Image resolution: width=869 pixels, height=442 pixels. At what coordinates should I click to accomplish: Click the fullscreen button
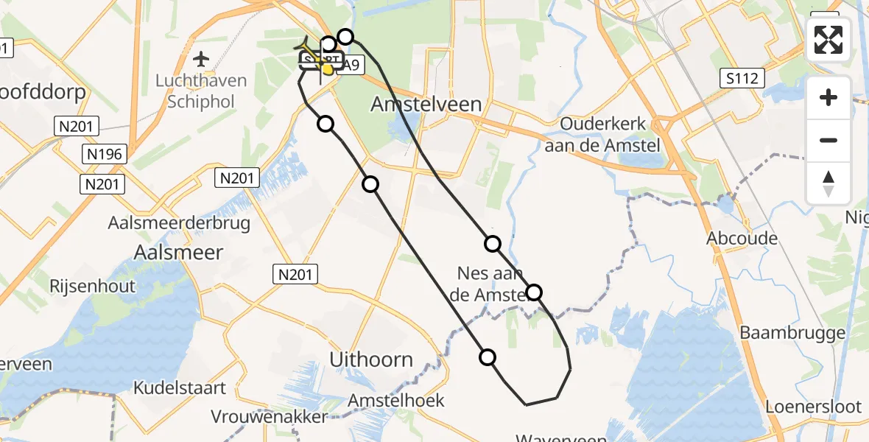click(828, 40)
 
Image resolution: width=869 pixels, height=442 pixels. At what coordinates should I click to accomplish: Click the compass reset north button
click(828, 183)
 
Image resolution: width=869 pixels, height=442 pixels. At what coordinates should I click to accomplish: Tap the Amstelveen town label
click(426, 104)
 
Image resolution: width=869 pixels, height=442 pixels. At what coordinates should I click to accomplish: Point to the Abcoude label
click(742, 238)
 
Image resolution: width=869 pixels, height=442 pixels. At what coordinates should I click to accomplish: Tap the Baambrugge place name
click(792, 333)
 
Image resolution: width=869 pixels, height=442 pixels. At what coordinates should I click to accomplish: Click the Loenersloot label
click(813, 406)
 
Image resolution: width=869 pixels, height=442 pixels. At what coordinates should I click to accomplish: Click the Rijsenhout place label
click(93, 285)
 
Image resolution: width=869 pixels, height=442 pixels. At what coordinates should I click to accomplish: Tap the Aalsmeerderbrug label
click(179, 222)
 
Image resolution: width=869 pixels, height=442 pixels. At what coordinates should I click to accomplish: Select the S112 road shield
click(744, 78)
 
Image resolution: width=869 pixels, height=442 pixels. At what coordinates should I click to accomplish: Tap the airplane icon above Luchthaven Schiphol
click(200, 58)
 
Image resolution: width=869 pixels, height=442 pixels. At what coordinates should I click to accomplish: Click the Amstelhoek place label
click(397, 401)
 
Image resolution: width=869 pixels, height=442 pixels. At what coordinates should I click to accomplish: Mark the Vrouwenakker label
click(269, 417)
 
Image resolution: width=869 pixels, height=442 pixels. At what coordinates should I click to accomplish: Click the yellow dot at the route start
click(327, 69)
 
